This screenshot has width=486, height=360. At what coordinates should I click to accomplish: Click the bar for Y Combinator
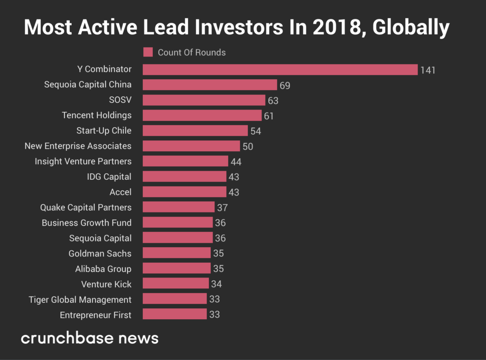[x=280, y=70]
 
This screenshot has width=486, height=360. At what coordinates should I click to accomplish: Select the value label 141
[x=428, y=70]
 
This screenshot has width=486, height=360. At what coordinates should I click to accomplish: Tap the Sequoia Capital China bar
[x=210, y=85]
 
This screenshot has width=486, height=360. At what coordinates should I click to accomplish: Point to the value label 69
[x=285, y=85]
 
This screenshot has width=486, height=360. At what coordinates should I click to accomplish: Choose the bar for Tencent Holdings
[x=202, y=116]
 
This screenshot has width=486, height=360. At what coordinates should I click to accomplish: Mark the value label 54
[x=256, y=131]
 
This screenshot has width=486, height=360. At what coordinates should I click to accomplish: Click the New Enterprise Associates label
[x=78, y=146]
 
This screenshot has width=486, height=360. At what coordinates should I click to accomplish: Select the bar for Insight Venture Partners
[x=186, y=161]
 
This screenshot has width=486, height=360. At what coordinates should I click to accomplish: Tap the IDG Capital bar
[x=185, y=177]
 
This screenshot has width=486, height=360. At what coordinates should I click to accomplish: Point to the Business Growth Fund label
[x=86, y=223]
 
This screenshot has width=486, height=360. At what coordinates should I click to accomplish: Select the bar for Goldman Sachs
[x=177, y=253]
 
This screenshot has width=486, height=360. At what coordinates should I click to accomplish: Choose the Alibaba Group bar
[x=177, y=268]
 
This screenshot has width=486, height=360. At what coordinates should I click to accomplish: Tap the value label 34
[x=216, y=284]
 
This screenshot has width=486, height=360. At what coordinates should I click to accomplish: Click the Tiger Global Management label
[x=80, y=300]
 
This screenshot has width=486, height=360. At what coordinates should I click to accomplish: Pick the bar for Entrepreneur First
[x=175, y=314]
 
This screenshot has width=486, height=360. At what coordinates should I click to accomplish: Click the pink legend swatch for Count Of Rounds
[x=148, y=52]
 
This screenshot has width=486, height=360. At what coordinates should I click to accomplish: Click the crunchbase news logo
[x=90, y=338]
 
